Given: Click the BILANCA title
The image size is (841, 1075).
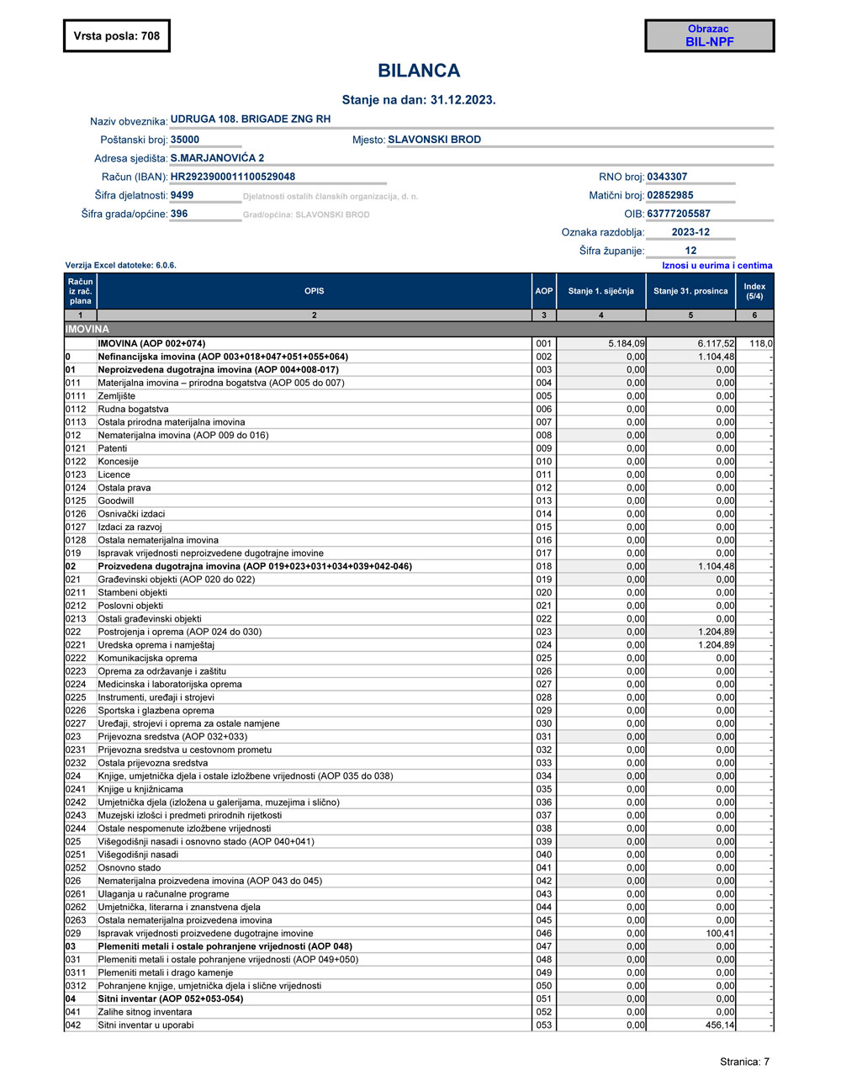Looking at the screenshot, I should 419,71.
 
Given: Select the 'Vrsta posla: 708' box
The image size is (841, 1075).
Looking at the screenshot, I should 116,35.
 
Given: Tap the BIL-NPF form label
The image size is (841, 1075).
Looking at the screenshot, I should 709,41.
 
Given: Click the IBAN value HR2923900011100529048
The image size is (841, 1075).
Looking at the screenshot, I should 233,177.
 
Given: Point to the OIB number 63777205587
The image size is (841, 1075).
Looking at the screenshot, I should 679,214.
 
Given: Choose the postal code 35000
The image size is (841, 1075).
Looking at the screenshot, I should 185,140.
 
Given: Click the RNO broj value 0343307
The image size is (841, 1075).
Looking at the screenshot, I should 667,177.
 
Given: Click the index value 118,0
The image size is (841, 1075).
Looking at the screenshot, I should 760,343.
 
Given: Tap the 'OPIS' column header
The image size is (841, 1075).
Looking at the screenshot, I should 315,291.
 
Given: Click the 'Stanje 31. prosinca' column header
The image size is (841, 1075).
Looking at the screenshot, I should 690,291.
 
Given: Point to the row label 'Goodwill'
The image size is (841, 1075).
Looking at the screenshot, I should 116,500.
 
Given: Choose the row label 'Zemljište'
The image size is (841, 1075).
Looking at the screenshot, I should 117,396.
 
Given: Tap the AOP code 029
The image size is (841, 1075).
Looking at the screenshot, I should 544,711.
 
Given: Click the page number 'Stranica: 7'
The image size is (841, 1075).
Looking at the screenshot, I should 744,1062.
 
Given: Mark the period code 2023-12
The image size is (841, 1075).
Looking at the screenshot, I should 690,232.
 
